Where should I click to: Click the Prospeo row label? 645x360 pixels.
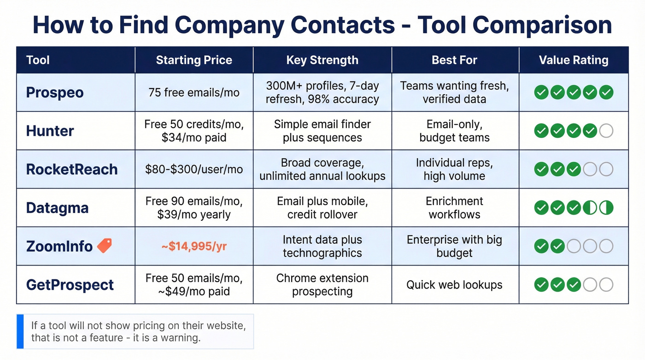[x=55, y=93]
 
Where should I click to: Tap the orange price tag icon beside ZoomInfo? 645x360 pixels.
[x=105, y=246]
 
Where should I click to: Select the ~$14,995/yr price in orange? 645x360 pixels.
[x=194, y=247]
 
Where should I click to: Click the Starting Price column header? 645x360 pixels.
[x=194, y=60]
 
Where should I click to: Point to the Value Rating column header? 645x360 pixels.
[x=574, y=60]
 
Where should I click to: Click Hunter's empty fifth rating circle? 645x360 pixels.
[x=606, y=131]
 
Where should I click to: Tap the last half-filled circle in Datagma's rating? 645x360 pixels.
[x=606, y=208]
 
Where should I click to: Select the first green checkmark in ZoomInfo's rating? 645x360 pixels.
[x=541, y=246]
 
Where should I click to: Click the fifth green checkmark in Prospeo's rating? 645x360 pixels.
[x=606, y=93]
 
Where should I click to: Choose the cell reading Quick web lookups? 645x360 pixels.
[x=454, y=285]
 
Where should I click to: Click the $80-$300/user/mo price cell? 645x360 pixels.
[x=194, y=169]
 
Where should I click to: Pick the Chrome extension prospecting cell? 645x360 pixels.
[x=322, y=285]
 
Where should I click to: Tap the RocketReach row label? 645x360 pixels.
[x=72, y=169]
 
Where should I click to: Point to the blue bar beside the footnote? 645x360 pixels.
[x=20, y=331]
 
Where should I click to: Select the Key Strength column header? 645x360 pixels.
[x=322, y=60]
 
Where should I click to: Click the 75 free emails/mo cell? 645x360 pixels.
[x=194, y=93]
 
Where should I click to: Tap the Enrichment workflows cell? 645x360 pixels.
[x=454, y=208]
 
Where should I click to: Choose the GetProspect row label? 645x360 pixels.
[x=70, y=285]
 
